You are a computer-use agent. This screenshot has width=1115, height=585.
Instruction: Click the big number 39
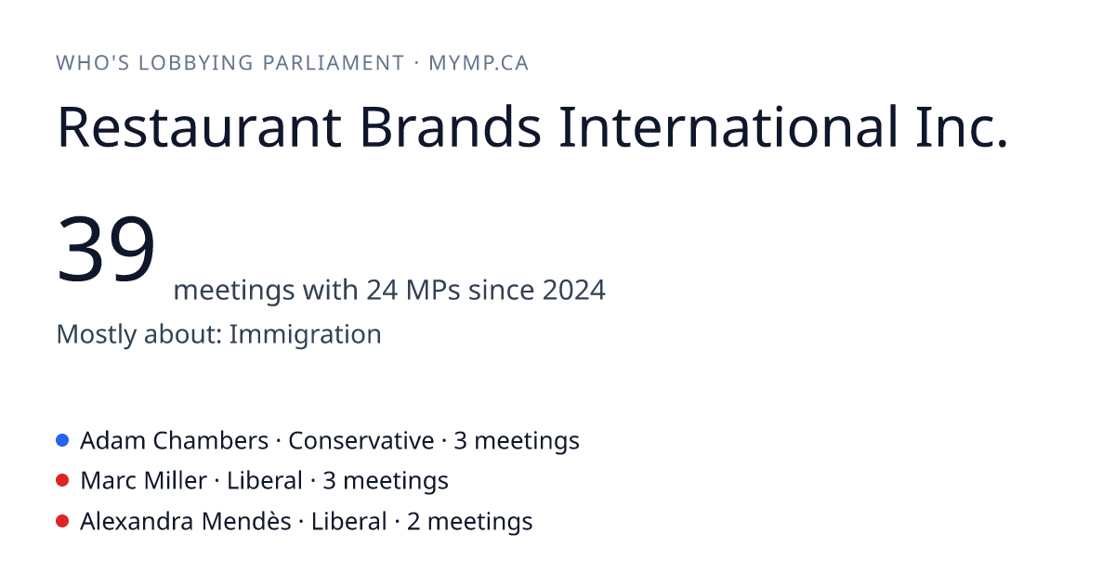pos(106,248)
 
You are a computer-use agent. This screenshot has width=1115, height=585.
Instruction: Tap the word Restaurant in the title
pos(200,127)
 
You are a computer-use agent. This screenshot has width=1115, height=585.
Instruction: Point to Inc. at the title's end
pos(962,127)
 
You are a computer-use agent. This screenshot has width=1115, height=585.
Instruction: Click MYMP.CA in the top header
pos(479,63)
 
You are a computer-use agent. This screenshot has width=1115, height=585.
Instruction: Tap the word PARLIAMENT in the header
pos(334,63)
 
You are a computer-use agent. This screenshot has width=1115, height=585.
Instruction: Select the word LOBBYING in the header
pos(196,63)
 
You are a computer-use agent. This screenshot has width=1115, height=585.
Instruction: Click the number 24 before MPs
pos(382,290)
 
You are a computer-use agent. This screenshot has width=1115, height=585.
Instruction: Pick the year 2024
pos(574,290)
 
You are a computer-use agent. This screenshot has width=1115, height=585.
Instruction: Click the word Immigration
pos(305,333)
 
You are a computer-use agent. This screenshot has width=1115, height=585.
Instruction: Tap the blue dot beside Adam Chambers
pos(62,440)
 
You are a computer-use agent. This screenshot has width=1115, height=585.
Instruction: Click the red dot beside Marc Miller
pos(62,481)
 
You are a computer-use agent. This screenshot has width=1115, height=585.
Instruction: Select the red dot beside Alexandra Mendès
pos(62,521)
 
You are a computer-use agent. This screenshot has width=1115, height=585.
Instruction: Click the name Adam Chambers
pos(175,440)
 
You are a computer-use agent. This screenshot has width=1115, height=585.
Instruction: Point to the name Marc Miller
pos(143,481)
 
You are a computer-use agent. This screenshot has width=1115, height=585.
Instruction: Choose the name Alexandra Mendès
pos(186,521)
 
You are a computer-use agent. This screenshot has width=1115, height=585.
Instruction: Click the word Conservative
pos(361,440)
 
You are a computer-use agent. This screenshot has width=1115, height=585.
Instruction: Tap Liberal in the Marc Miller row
pos(265,481)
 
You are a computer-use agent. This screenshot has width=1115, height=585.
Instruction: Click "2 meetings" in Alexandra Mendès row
pos(470,522)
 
